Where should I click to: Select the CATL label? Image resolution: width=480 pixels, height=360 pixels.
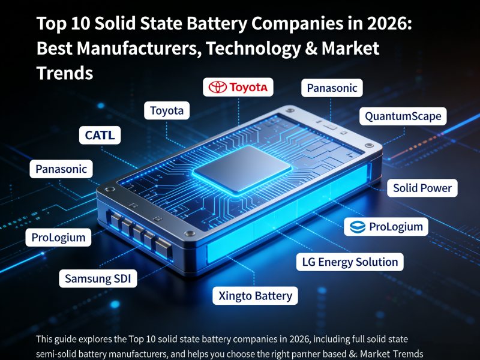point(100,136)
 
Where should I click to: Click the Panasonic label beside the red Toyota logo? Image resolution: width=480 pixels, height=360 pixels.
point(332,88)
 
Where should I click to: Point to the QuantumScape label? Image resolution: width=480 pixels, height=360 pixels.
point(403,116)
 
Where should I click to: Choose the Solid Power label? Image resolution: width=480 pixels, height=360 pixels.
point(422,188)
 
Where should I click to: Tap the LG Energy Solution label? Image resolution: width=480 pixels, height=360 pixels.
point(350,262)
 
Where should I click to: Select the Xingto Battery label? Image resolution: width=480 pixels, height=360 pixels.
point(255,295)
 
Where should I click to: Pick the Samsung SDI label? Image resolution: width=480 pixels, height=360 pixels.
point(98,278)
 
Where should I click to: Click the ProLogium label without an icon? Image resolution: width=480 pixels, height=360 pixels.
point(59,238)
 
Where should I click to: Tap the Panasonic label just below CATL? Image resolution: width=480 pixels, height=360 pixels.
point(61,169)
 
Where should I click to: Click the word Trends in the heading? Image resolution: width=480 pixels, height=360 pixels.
point(65,73)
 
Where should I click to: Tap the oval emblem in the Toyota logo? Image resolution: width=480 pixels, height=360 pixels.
point(217,88)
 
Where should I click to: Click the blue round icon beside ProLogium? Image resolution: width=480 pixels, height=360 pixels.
point(358,227)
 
